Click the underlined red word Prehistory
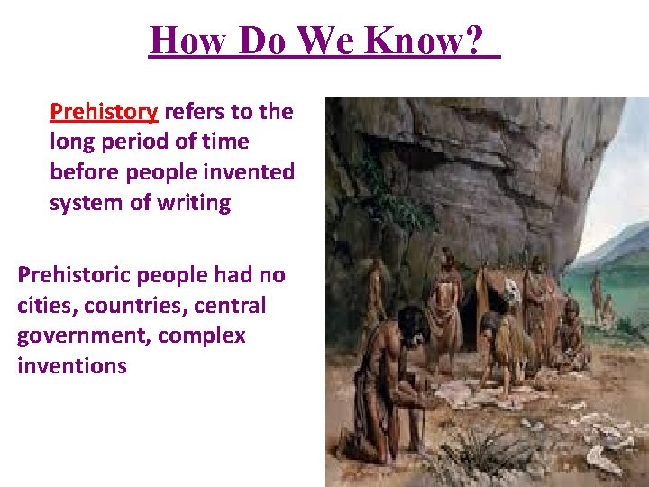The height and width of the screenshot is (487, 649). (104, 112)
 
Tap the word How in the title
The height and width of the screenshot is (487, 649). (184, 40)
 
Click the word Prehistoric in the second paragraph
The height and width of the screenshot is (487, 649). (75, 274)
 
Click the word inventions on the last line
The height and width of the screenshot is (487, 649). (72, 366)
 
